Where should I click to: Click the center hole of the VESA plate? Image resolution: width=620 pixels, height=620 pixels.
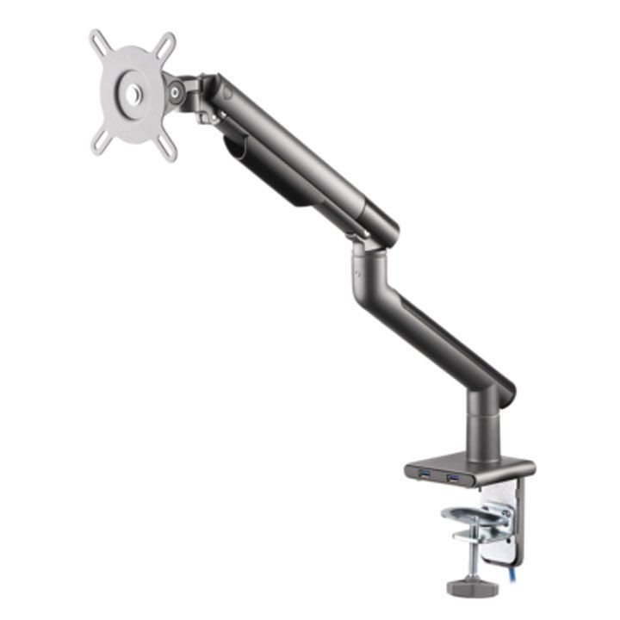pyautogui.click(x=133, y=92)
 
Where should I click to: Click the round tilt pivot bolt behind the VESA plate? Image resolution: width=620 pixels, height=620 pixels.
pyautogui.click(x=177, y=90)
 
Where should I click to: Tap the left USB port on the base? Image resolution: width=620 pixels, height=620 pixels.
pyautogui.click(x=424, y=474)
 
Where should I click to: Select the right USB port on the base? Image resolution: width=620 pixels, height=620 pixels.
pyautogui.click(x=453, y=475)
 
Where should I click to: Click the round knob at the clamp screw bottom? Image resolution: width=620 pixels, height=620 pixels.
pyautogui.click(x=468, y=586)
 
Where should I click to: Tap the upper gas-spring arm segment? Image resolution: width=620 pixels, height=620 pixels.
pyautogui.click(x=301, y=155)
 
